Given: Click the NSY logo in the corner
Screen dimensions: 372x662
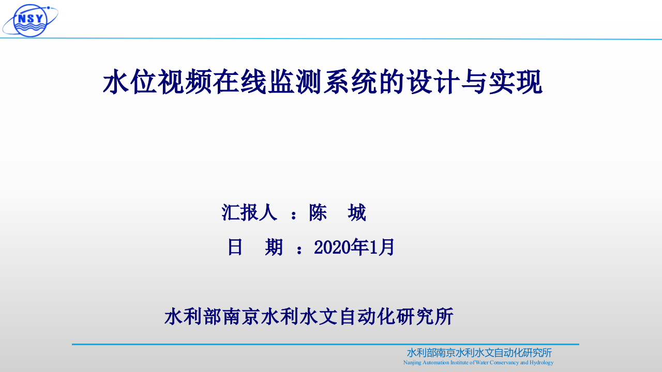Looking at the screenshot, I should pyautogui.click(x=30, y=20).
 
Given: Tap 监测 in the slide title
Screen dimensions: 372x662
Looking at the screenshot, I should pyautogui.click(x=295, y=83).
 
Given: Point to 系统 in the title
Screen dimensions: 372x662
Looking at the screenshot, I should pyautogui.click(x=350, y=83).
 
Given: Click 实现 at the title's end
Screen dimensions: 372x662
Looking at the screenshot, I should pyautogui.click(x=515, y=83).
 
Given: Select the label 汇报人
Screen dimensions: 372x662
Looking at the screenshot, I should pyautogui.click(x=249, y=212).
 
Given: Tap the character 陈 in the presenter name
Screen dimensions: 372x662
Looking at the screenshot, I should pyautogui.click(x=318, y=212).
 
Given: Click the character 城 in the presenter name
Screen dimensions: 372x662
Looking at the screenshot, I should pyautogui.click(x=357, y=212).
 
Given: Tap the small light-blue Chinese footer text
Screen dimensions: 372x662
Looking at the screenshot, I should pyautogui.click(x=479, y=353).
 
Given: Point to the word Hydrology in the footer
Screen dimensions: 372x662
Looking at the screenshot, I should pyautogui.click(x=541, y=363).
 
